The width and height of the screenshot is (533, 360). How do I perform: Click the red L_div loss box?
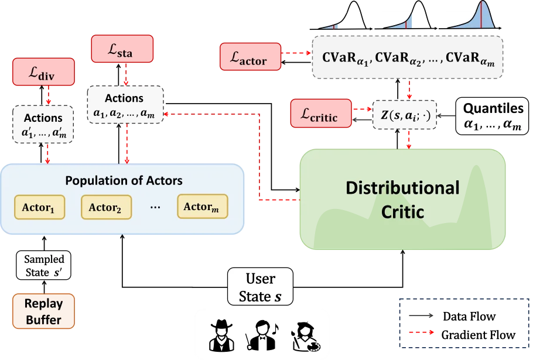coord(43,73)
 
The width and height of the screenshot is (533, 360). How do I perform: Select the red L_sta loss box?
coord(122,49)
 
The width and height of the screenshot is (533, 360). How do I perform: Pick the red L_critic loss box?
coord(320,114)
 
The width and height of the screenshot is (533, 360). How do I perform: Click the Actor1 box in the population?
coord(39,207)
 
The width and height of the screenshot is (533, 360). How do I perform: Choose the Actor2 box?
coord(106,207)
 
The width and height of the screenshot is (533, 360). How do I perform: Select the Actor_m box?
coord(202,207)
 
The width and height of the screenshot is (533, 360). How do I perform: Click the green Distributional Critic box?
coord(402,199)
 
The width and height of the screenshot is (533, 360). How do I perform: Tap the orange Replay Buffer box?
coord(43,311)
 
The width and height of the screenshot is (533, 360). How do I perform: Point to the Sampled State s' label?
coord(44,266)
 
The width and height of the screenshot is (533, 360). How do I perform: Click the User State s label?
coord(260,287)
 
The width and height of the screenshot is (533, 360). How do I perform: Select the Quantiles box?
coord(493,116)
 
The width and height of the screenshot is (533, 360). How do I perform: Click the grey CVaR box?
coord(408,58)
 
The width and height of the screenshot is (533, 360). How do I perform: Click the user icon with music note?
coord(262,335)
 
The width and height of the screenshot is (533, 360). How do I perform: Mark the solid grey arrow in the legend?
coord(421,316)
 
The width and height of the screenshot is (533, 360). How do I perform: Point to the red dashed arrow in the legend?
coord(421,332)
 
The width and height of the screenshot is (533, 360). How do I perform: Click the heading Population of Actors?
coord(124,180)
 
